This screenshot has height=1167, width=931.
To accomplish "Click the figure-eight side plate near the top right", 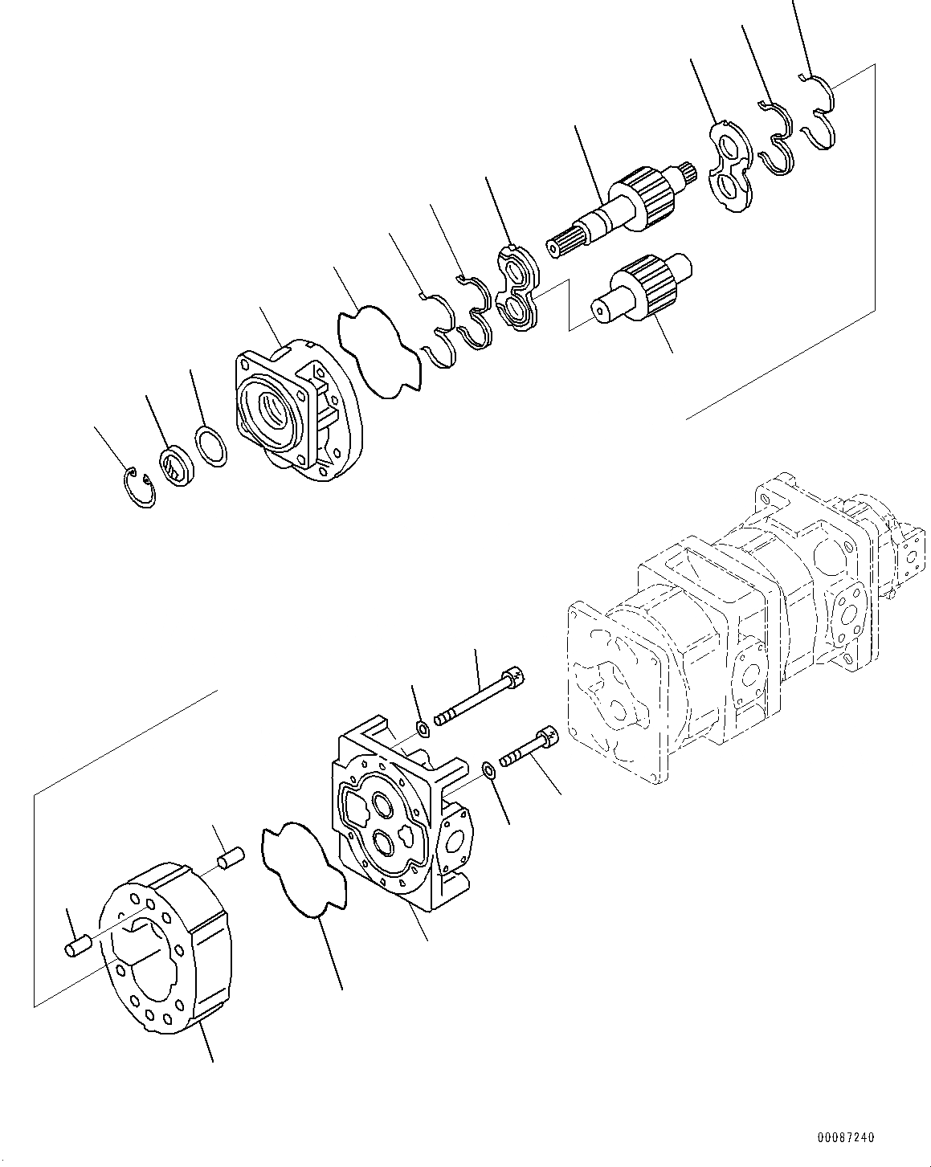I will tap(730, 166).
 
